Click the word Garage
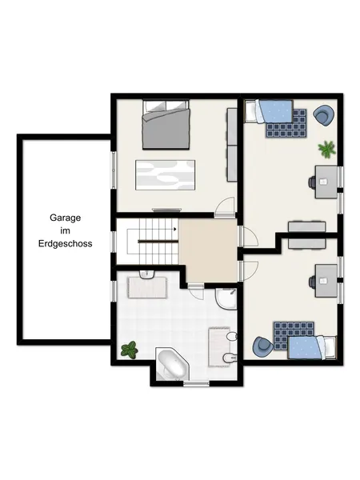pyautogui.click(x=66, y=218)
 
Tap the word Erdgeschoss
pyautogui.click(x=66, y=244)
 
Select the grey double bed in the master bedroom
pyautogui.click(x=166, y=124)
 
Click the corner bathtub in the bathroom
pyautogui.click(x=172, y=364)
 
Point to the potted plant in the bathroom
pyautogui.click(x=129, y=350)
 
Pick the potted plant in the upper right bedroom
pyautogui.click(x=327, y=149)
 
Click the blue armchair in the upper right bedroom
pyautogui.click(x=323, y=115)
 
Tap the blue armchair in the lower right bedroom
pyautogui.click(x=263, y=346)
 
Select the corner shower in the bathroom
pyautogui.click(x=226, y=298)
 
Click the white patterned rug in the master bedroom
pyautogui.click(x=166, y=174)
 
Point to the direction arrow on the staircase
pyautogui.click(x=175, y=229)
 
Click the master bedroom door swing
pyautogui.click(x=225, y=207)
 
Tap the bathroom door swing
pyautogui.click(x=196, y=292)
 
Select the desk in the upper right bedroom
pyautogui.click(x=326, y=182)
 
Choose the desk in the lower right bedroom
pyautogui.click(x=326, y=281)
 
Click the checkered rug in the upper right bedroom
pyautogui.click(x=286, y=123)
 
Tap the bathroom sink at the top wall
pyautogui.click(x=147, y=274)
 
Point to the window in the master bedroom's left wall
pyautogui.click(x=114, y=170)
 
